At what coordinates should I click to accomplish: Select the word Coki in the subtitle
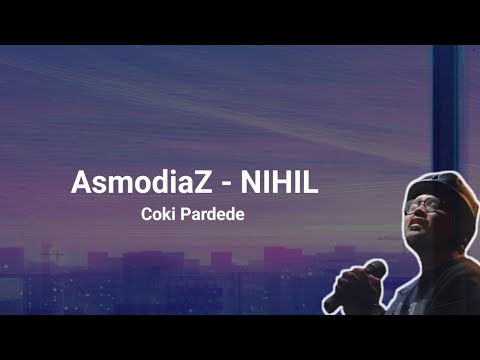pyautogui.click(x=159, y=215)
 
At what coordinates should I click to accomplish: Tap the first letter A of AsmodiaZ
pyautogui.click(x=81, y=183)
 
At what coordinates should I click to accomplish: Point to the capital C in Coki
pyautogui.click(x=148, y=215)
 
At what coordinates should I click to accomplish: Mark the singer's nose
pyautogui.click(x=413, y=215)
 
